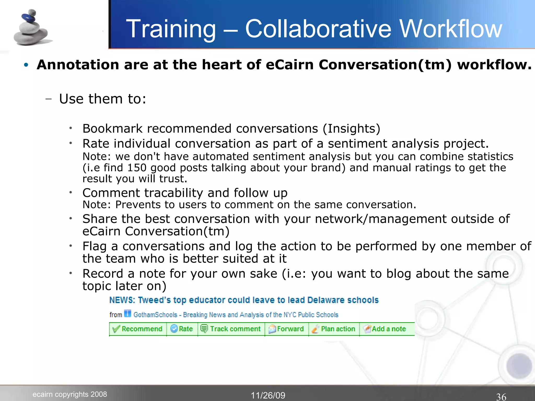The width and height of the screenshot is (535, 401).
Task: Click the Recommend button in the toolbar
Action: click(x=138, y=329)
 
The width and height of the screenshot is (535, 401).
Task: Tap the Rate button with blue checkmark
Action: click(x=182, y=329)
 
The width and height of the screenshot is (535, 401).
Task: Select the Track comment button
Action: click(x=231, y=329)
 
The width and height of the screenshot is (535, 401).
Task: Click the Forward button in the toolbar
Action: click(x=286, y=329)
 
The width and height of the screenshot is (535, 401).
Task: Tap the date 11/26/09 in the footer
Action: click(x=268, y=395)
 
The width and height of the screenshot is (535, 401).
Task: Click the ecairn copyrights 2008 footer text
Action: click(x=70, y=394)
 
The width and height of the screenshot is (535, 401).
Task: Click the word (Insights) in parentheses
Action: click(x=351, y=128)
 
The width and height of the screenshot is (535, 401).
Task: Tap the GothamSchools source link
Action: click(x=236, y=315)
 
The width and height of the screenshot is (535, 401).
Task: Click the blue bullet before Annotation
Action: click(x=26, y=65)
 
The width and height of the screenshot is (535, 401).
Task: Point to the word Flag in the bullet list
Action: click(x=95, y=246)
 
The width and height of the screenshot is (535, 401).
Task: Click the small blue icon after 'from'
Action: click(x=127, y=313)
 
